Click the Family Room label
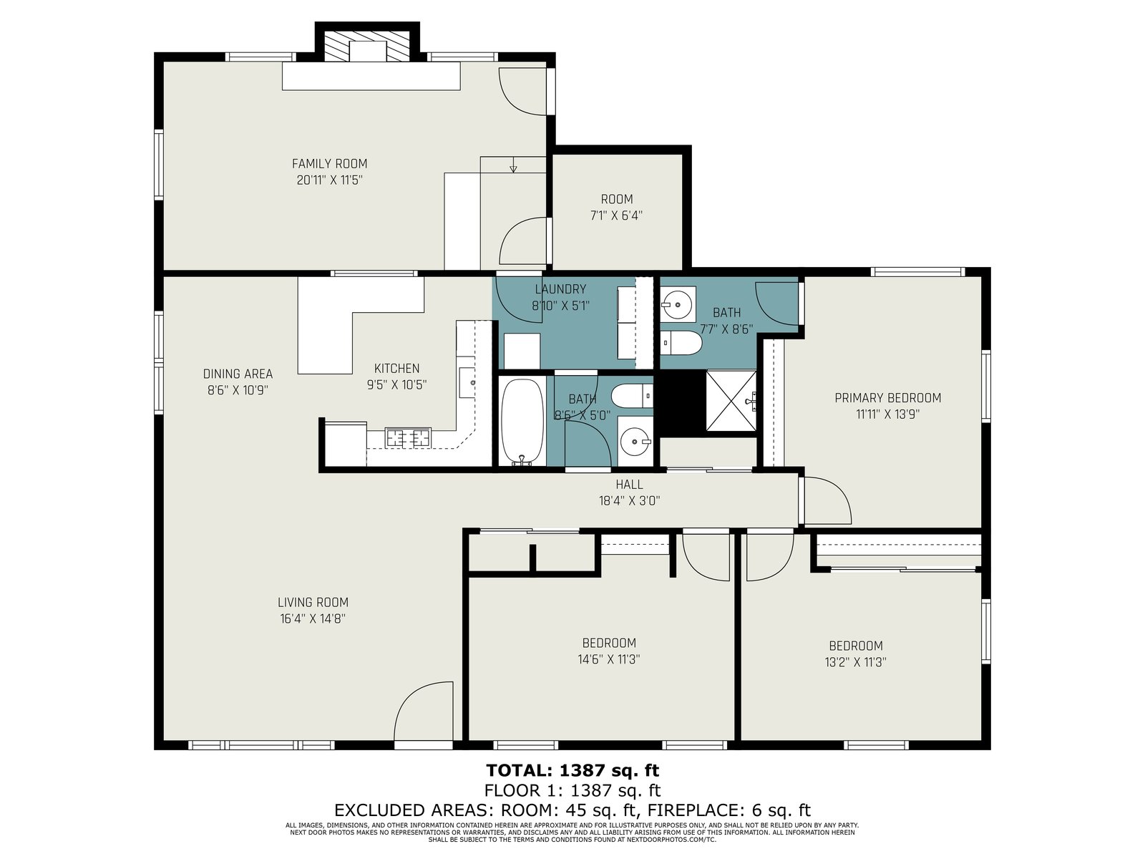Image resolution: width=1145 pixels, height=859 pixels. tap(329, 164)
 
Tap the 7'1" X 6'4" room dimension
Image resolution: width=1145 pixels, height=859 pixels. tap(616, 215)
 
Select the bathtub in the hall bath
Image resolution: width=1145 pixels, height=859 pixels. tap(522, 422)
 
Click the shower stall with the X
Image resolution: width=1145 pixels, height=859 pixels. tap(731, 401)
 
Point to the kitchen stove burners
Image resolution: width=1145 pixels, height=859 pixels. tap(408, 437)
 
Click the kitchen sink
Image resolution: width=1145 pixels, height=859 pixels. tap(467, 382)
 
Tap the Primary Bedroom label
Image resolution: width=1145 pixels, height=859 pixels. tap(888, 398)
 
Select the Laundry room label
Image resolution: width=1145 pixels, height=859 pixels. tap(560, 289)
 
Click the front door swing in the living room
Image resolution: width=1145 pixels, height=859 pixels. tap(423, 712)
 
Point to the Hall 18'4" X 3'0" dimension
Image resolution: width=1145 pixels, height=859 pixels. tap(629, 500)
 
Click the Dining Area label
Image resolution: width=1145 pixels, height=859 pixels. tap(238, 374)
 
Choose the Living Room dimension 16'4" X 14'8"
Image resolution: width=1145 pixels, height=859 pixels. tap(313, 618)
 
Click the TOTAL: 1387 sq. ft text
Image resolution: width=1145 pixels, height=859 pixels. tap(572, 770)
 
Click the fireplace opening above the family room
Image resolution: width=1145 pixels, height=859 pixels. tap(368, 51)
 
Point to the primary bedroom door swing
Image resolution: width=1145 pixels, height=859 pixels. tap(828, 500)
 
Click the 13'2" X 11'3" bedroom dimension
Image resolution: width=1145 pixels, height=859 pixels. tap(855, 662)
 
